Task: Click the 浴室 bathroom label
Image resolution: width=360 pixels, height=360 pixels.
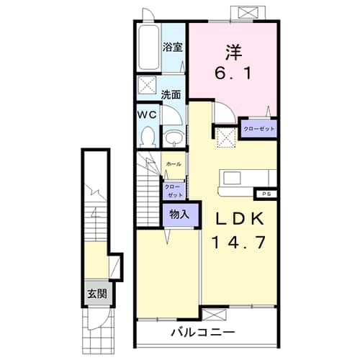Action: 173,47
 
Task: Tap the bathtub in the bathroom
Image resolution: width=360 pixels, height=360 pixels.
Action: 149,48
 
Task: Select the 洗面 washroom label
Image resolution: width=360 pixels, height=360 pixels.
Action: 171,95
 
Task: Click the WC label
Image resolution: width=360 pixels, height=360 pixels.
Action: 147,115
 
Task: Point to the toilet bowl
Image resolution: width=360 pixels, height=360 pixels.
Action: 148,138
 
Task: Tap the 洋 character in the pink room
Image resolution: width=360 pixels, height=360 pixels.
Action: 233,53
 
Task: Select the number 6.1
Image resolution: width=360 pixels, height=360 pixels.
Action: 233,73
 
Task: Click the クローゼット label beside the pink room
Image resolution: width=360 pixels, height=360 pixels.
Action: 259,129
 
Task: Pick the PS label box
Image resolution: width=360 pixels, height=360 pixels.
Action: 266,194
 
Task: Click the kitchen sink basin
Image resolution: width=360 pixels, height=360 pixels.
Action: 232,178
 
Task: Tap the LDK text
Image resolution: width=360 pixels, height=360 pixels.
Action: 240,218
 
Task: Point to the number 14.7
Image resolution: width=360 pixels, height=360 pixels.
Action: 239,242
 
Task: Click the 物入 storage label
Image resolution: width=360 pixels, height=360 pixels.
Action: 179,214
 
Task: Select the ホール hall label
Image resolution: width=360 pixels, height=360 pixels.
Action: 174,164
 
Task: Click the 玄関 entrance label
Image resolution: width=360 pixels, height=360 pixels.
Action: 97,293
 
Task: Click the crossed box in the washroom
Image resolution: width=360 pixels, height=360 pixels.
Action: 146,84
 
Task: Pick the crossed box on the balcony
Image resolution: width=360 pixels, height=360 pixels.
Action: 215,315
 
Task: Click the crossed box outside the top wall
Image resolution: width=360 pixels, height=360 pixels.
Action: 248,13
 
